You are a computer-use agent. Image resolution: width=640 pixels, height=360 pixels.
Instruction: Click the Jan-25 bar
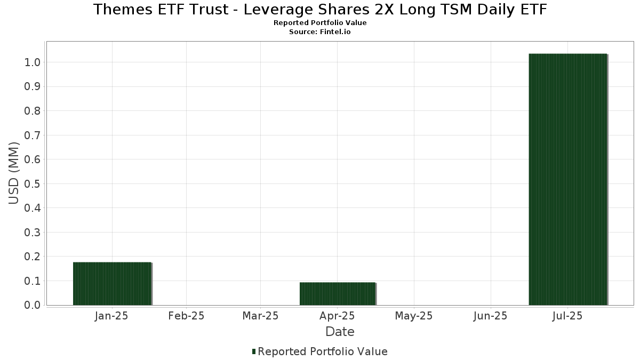pyautogui.click(x=113, y=284)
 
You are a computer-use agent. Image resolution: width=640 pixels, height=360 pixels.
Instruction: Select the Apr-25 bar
pyautogui.click(x=338, y=294)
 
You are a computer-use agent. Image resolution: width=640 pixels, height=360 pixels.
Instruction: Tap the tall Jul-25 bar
pyautogui.click(x=568, y=179)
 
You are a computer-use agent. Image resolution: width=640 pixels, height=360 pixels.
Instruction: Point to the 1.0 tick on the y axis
pyautogui.click(x=33, y=62)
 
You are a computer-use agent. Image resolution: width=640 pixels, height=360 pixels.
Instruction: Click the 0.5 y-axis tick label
pyautogui.click(x=33, y=184)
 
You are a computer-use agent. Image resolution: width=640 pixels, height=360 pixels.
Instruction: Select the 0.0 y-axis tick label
pyautogui.click(x=33, y=305)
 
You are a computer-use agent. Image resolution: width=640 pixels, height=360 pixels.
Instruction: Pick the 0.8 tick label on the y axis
pyautogui.click(x=33, y=111)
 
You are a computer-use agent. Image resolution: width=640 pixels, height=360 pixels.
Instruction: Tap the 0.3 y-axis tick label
pyautogui.click(x=33, y=233)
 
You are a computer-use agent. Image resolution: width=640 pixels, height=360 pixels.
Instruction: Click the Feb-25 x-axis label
pyautogui.click(x=186, y=316)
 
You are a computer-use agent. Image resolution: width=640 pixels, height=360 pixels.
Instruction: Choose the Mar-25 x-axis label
pyautogui.click(x=260, y=316)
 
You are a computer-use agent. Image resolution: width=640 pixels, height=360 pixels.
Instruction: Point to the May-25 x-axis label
pyautogui.click(x=414, y=316)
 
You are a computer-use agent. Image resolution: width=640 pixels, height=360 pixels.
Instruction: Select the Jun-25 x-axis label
pyautogui.click(x=490, y=316)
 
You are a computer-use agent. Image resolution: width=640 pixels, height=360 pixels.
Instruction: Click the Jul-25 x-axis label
pyautogui.click(x=567, y=316)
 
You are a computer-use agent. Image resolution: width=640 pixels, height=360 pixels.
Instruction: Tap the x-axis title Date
pyautogui.click(x=340, y=332)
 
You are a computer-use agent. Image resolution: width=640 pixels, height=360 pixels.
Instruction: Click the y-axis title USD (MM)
pyautogui.click(x=14, y=173)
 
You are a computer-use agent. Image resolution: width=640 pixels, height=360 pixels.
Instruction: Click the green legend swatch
pyautogui.click(x=254, y=351)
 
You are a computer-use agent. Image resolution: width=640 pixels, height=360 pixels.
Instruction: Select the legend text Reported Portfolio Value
pyautogui.click(x=323, y=351)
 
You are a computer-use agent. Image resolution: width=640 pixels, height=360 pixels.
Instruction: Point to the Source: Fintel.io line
pyautogui.click(x=320, y=32)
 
